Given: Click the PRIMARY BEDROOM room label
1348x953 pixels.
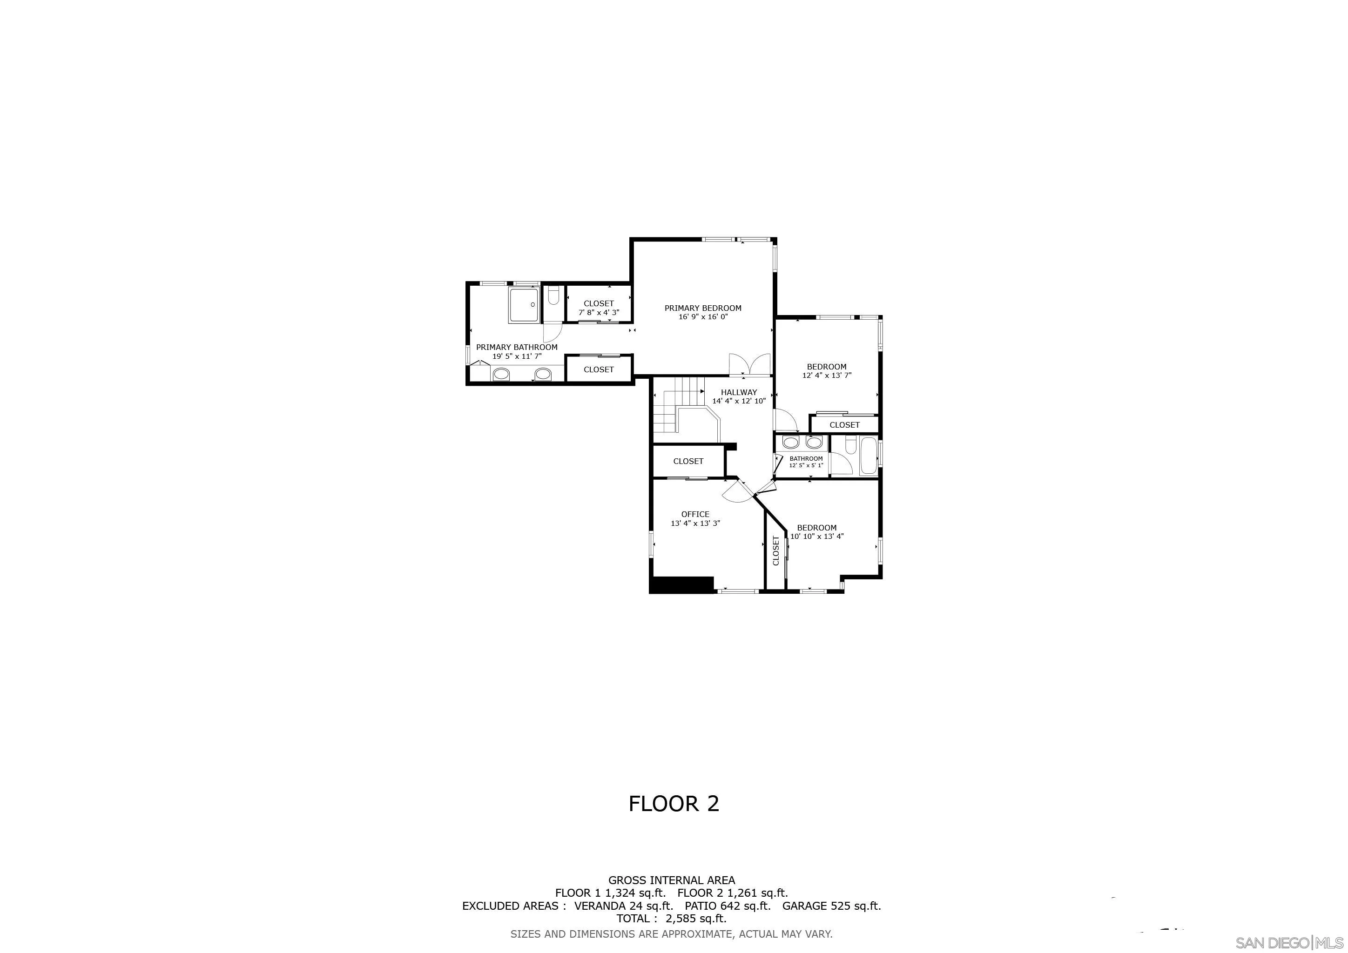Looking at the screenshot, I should click(702, 308).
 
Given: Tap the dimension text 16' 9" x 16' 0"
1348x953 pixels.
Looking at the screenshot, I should click(703, 317).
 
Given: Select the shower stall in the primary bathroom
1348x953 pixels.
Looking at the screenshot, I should click(524, 305).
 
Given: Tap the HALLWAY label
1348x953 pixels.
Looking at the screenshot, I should click(739, 392).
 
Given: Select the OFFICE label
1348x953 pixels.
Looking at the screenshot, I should click(695, 514).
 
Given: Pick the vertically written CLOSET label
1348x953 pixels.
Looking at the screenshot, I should click(775, 550).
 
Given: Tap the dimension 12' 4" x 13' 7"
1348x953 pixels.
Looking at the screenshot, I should click(827, 376).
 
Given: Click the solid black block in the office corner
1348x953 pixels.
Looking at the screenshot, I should click(681, 585).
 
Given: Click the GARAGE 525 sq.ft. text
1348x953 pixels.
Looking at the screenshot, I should click(831, 906).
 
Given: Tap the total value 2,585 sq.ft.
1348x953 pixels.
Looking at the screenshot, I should click(696, 919).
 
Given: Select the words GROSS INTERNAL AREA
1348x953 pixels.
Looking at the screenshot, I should click(671, 880).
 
